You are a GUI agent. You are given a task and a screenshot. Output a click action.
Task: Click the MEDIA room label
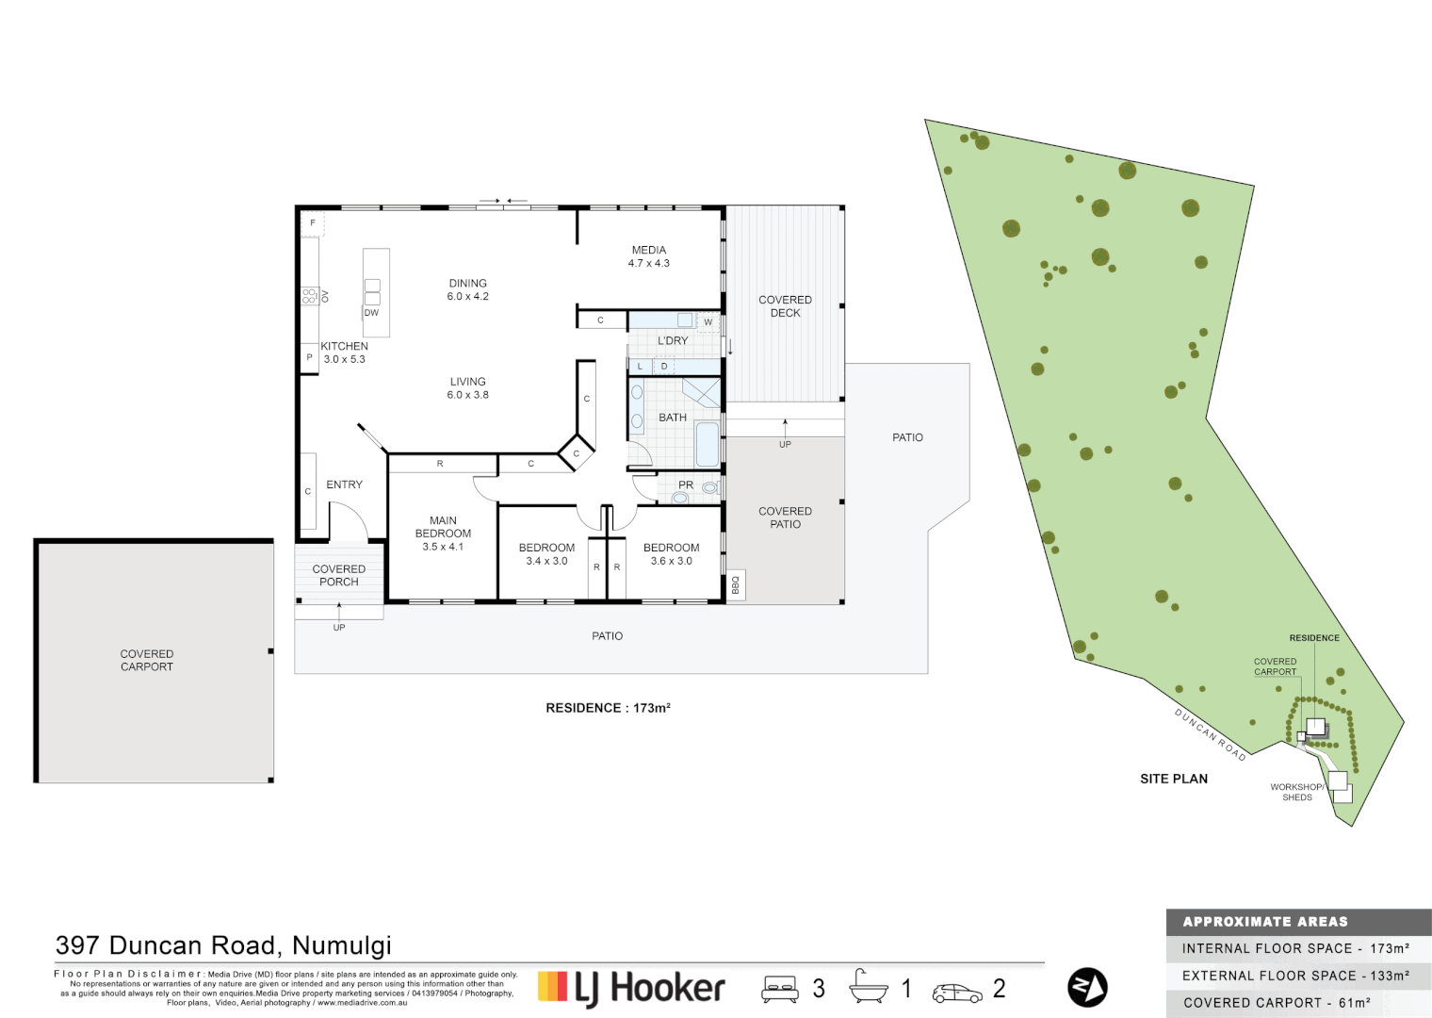pyautogui.click(x=648, y=251)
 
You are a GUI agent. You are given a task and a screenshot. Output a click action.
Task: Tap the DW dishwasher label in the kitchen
pyautogui.click(x=371, y=313)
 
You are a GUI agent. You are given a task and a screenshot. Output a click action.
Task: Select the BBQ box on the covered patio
pyautogui.click(x=736, y=585)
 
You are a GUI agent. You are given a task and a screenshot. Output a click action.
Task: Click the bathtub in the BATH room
pyautogui.click(x=707, y=445)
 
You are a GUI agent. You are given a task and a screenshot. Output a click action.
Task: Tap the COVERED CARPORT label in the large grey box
pyautogui.click(x=147, y=660)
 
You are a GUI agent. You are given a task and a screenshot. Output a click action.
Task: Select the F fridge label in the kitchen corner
pyautogui.click(x=313, y=223)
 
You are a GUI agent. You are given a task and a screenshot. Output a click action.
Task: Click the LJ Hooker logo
pyautogui.click(x=631, y=988)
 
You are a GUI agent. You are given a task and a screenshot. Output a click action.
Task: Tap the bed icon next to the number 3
pyautogui.click(x=779, y=989)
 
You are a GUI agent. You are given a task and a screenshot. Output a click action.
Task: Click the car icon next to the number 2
pyautogui.click(x=956, y=993)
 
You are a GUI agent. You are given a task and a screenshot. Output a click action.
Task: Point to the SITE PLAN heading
pyautogui.click(x=1173, y=779)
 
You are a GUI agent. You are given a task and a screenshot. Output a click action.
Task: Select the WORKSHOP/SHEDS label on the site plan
pyautogui.click(x=1296, y=792)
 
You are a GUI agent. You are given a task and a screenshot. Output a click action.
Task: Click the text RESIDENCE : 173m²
pyautogui.click(x=608, y=708)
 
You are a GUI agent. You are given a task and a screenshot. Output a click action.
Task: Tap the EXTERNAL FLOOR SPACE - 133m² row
pyautogui.click(x=1296, y=976)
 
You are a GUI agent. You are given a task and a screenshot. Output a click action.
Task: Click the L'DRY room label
pyautogui.click(x=673, y=340)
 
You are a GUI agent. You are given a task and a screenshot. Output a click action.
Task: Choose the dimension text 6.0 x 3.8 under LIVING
pyautogui.click(x=467, y=395)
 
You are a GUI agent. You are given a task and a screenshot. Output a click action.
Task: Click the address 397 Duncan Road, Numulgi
pyautogui.click(x=223, y=945)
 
